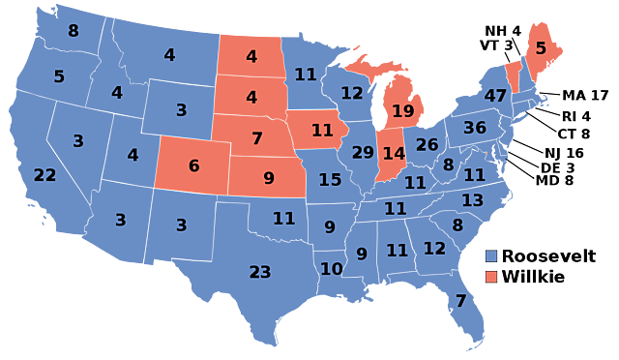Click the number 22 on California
click(44, 175)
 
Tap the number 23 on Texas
click(260, 272)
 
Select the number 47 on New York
click(495, 96)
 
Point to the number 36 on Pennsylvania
click(474, 128)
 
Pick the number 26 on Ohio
click(427, 145)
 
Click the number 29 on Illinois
click(363, 153)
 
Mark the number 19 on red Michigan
click(402, 111)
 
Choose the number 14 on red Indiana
click(394, 153)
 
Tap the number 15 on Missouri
click(330, 180)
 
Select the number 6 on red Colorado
click(193, 165)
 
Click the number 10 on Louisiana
click(331, 269)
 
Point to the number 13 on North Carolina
click(472, 200)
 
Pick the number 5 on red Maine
click(541, 47)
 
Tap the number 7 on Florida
click(460, 301)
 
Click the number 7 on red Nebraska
click(256, 138)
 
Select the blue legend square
click(491, 255)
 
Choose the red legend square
click(491, 277)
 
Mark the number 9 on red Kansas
click(269, 178)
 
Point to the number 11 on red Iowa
click(322, 130)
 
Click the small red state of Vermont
click(513, 76)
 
